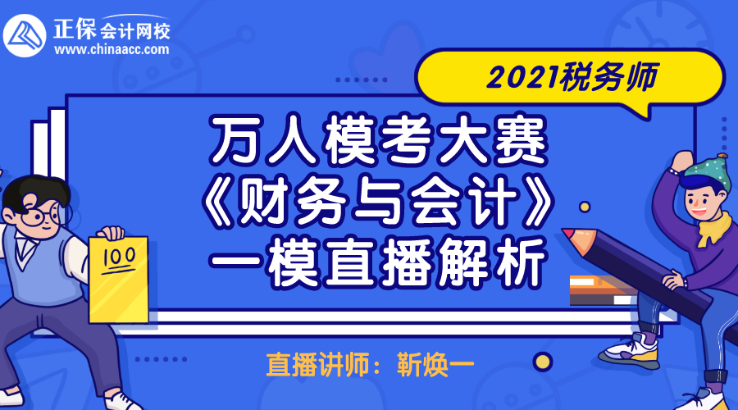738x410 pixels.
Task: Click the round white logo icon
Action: tap(25, 36)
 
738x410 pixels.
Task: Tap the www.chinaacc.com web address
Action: tap(112, 49)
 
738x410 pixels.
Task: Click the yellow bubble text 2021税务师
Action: tap(572, 77)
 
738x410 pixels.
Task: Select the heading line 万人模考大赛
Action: tap(380, 139)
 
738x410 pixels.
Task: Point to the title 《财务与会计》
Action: tap(380, 203)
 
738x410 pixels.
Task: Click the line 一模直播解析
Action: tap(380, 262)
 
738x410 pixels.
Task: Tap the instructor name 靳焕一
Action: tap(435, 364)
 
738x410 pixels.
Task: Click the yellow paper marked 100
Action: tap(119, 280)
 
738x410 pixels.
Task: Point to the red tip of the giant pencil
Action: tap(571, 234)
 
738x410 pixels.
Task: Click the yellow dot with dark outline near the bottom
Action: tap(542, 362)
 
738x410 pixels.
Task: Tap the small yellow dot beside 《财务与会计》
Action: tap(585, 207)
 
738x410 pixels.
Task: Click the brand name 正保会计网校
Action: tap(112, 30)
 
